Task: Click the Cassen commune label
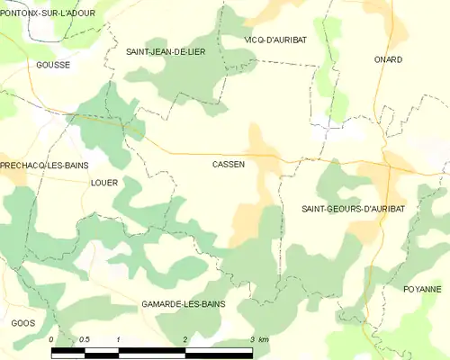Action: tap(229, 165)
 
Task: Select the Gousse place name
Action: tap(53, 65)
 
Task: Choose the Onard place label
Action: tap(388, 59)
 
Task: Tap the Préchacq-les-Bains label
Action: tap(42, 166)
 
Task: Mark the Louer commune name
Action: tap(104, 182)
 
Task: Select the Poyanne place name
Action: tap(423, 289)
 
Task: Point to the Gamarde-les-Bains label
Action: tap(184, 305)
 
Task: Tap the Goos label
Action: tap(22, 322)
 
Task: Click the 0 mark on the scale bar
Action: tap(51, 339)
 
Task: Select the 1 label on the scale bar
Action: tap(118, 339)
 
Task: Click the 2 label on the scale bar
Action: tap(184, 339)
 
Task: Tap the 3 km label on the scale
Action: tap(258, 339)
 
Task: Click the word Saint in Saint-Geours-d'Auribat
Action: tap(314, 209)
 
